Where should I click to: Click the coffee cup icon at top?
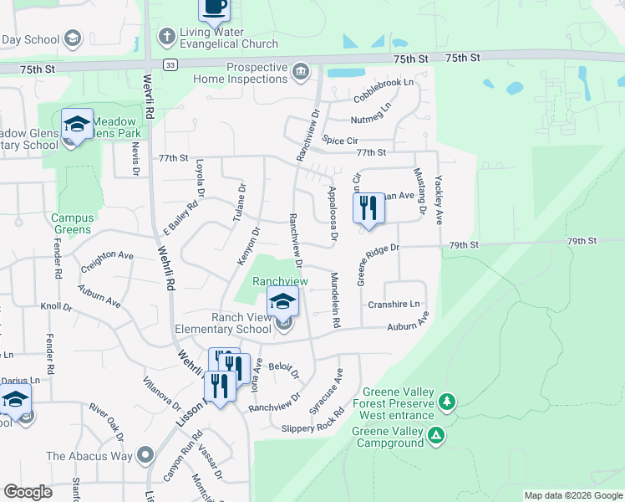(214, 8)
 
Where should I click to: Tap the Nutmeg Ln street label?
(371, 107)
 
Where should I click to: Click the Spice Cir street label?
(340, 141)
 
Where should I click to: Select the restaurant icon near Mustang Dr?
(368, 207)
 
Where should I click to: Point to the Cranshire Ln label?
(394, 305)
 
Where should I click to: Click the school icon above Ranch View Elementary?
(282, 303)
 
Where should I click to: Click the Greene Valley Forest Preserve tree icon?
(448, 402)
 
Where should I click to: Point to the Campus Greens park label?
(73, 223)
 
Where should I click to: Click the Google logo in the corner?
(28, 492)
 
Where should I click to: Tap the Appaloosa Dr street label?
(332, 216)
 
